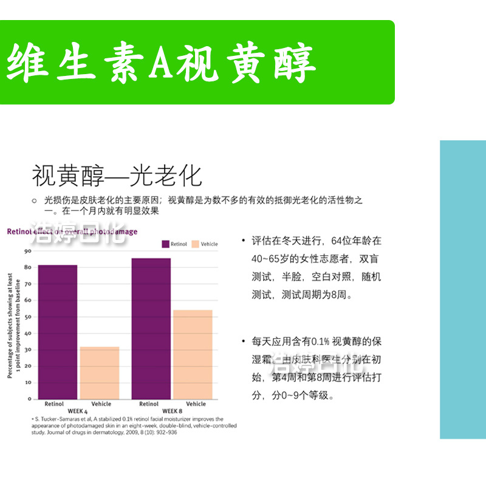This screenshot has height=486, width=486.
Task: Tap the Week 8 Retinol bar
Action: (151, 328)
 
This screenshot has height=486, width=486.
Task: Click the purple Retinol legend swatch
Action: (165, 244)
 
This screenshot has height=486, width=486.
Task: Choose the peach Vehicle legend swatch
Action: (195, 244)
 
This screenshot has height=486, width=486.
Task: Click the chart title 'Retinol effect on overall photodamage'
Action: (72, 231)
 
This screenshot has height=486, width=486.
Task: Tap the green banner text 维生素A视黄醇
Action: (162, 63)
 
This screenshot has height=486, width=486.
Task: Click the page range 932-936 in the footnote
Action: (164, 433)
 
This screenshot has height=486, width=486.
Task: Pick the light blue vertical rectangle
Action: (462, 289)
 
